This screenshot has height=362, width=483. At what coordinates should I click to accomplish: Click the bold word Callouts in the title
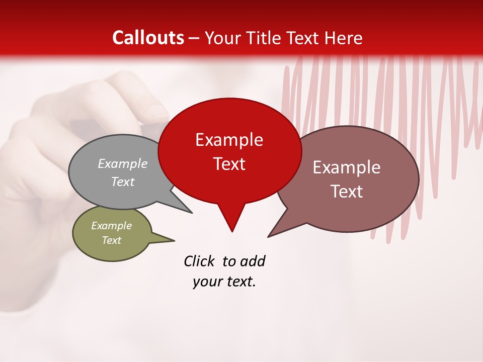pos(148,38)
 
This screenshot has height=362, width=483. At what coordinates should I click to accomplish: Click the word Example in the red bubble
pos(229,140)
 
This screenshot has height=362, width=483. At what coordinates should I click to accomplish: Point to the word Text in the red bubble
pos(229,163)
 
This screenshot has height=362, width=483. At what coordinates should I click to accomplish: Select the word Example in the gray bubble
pos(123,163)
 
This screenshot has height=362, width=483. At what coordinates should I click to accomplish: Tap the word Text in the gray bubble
pos(123,182)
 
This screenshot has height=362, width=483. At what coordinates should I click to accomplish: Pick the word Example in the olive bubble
pos(111,226)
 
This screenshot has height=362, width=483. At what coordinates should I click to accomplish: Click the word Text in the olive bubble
pos(111,240)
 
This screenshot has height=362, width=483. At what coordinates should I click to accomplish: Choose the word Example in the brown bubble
pos(347,167)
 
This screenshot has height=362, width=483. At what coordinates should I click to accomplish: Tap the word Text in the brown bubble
pos(347,191)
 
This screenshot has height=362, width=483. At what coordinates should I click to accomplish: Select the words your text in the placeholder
pos(224,282)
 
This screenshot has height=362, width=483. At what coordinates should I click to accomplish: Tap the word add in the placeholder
pos(252,261)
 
